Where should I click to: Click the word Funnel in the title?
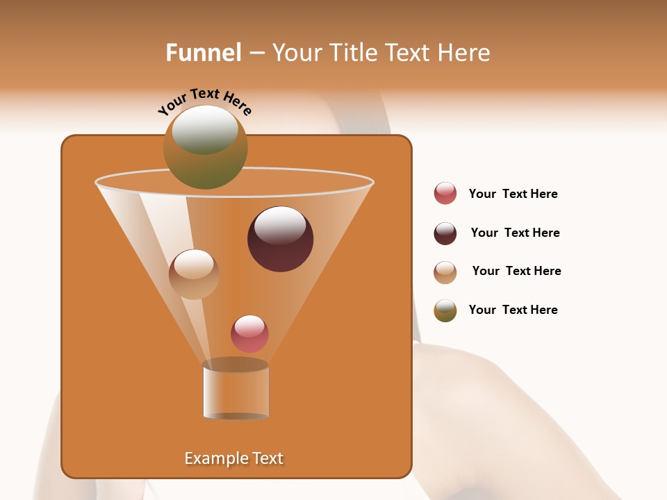point(204,53)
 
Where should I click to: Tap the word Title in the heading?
point(352,53)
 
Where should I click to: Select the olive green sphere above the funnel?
point(206,147)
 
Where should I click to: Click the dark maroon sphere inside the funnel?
point(280,239)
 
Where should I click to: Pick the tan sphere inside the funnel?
point(194,274)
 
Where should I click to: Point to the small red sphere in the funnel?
point(249,334)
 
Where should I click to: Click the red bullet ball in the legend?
point(445,193)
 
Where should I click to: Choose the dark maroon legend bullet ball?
point(445,233)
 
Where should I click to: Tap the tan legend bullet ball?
point(445,272)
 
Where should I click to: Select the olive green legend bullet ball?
point(445,310)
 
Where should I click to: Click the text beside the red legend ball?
point(513,194)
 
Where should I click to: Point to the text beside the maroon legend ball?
point(515,233)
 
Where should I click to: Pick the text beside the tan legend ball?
point(516,271)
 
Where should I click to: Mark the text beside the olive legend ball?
point(513,310)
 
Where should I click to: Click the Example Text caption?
point(233,458)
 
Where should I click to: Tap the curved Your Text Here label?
point(204,101)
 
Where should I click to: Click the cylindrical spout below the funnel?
point(236,390)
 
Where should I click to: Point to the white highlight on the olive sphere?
point(205,129)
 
